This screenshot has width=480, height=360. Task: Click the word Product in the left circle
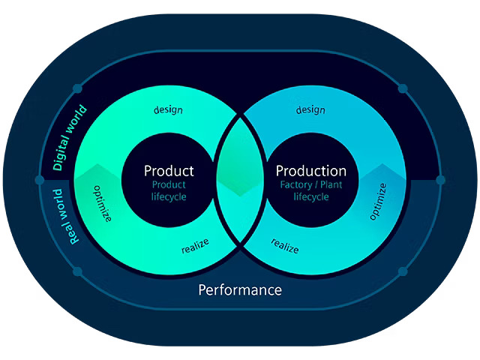[x=169, y=171]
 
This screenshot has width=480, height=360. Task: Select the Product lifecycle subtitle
[x=169, y=190]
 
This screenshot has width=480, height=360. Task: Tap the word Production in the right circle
[x=311, y=171]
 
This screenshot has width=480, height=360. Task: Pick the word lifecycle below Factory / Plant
[x=310, y=196]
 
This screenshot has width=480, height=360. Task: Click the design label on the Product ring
[x=168, y=109]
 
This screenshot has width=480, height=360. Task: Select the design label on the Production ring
[x=310, y=109]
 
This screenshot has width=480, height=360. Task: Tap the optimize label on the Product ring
[x=103, y=204]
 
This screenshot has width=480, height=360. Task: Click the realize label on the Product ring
[x=195, y=244]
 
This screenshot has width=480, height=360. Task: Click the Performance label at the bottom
[x=240, y=289]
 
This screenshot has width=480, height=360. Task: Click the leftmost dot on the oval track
[x=40, y=180]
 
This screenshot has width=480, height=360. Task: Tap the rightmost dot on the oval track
[x=440, y=180]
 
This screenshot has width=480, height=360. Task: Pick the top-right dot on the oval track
[x=403, y=88]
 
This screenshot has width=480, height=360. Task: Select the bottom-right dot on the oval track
[x=403, y=271]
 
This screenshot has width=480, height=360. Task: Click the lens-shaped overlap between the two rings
[x=240, y=180]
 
